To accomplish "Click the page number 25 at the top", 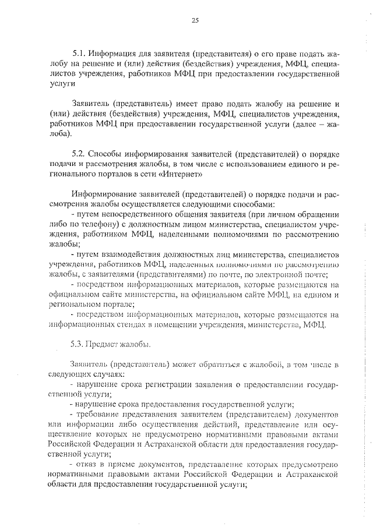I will pyautogui.click(x=195, y=21).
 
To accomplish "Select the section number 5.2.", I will pyautogui.click(x=79, y=154).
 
